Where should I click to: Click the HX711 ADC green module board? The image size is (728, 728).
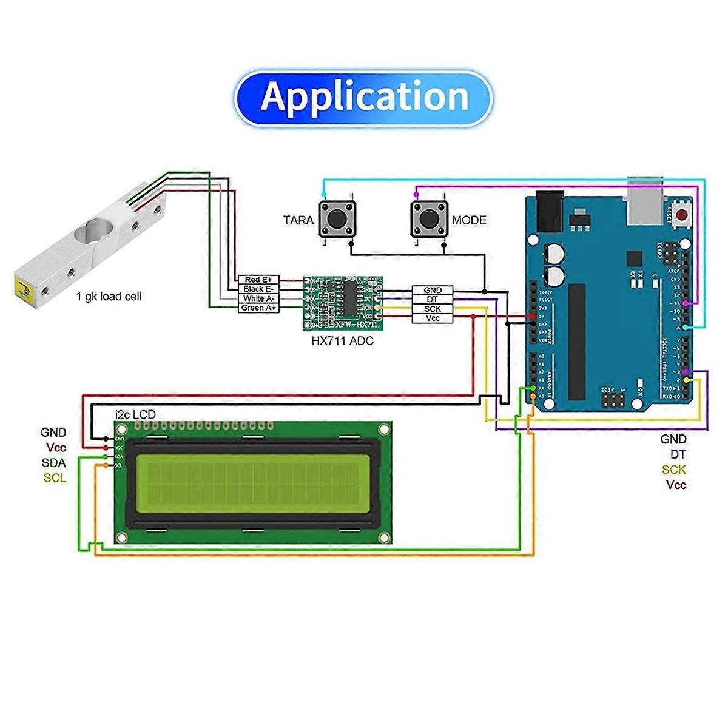(x=343, y=303)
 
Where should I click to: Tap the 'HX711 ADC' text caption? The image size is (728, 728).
(x=342, y=341)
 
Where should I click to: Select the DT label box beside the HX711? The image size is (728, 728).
(x=433, y=300)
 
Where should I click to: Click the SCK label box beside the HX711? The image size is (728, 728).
(x=433, y=309)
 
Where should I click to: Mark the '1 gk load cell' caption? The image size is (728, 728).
(x=109, y=297)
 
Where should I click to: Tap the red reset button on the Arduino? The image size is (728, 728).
(x=683, y=215)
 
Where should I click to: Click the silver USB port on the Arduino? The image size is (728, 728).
(x=645, y=200)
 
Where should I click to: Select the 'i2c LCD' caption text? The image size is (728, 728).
(x=135, y=414)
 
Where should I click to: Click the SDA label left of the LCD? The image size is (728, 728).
(x=54, y=463)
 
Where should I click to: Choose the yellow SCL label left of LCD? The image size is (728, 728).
(x=55, y=478)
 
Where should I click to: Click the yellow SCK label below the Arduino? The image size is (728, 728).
(x=673, y=470)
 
